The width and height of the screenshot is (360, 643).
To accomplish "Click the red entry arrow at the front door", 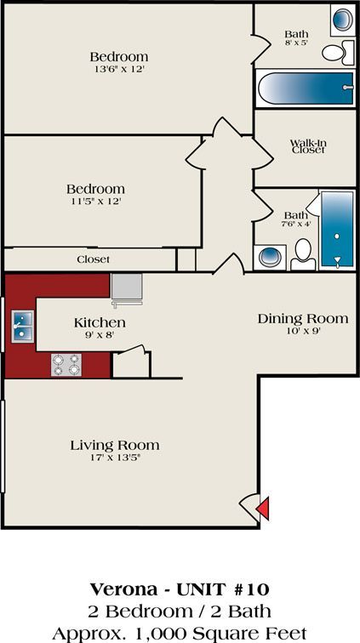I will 263,508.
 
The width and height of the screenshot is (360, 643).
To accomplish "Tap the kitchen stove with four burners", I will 66,364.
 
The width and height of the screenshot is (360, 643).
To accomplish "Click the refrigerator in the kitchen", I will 126,287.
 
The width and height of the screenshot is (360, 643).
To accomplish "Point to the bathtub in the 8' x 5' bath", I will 305,87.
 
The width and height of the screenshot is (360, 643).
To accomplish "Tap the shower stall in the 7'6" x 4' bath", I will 337,228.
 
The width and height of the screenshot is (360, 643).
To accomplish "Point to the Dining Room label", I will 303,318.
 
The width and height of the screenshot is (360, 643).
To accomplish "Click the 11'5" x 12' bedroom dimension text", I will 95,202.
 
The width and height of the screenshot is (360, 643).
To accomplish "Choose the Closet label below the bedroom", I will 93,259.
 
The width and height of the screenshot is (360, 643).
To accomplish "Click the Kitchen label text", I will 100,322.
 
